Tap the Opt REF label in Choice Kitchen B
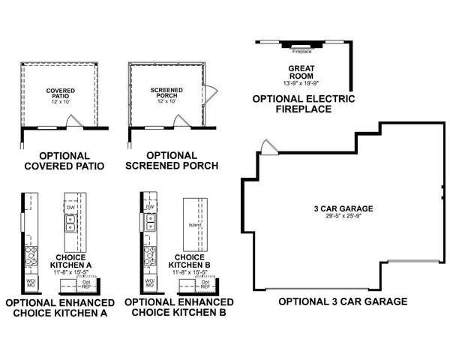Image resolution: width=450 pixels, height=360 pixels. pyautogui.click(x=204, y=284)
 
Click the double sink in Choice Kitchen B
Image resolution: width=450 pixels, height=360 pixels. pyautogui.click(x=151, y=222)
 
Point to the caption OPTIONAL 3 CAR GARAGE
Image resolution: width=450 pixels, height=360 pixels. pyautogui.click(x=343, y=301)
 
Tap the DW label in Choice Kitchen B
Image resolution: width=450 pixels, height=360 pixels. pyautogui.click(x=150, y=206)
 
